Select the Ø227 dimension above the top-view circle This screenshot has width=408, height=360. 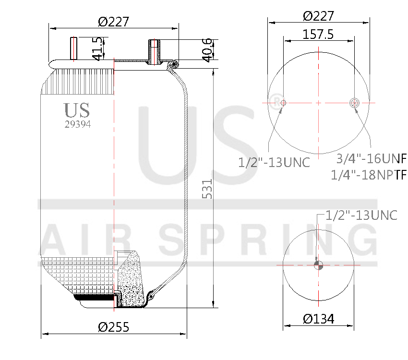[319, 16]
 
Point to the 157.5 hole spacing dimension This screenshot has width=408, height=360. [319, 35]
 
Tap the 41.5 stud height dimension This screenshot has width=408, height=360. [97, 48]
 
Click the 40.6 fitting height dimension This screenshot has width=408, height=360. [207, 50]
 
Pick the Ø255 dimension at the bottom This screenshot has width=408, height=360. [113, 327]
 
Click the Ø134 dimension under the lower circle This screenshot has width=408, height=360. [319, 318]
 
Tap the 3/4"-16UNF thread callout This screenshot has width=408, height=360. [370, 159]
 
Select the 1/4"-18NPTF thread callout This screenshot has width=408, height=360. [369, 175]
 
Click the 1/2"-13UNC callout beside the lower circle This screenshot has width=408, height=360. [361, 216]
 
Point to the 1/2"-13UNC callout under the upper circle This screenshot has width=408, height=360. [274, 162]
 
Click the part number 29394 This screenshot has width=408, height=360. [78, 124]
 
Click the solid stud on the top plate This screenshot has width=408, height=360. [74, 48]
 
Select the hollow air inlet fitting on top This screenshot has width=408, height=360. [155, 52]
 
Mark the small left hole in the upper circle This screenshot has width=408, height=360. [283, 103]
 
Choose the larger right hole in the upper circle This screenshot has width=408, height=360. [355, 102]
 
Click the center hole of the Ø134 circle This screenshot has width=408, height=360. [319, 265]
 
